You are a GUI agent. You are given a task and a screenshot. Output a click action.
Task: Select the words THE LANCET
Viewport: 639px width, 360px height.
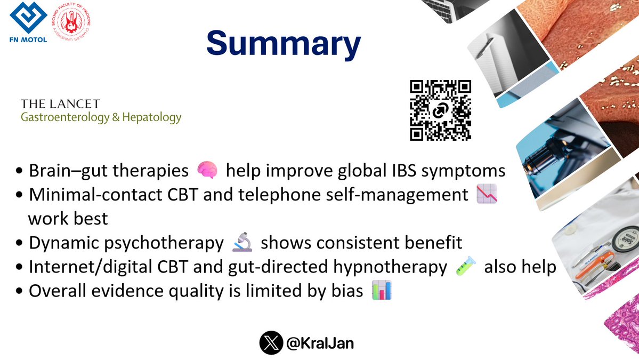[x=60, y=103]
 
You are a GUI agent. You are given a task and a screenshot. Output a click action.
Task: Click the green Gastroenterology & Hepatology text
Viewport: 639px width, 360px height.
[x=101, y=117]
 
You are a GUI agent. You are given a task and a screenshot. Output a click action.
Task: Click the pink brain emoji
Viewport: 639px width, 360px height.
[x=207, y=171]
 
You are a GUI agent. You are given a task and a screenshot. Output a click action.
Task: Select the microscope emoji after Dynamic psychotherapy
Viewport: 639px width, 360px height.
[x=241, y=243]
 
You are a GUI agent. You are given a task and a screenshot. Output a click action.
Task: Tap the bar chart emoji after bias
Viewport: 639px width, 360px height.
[x=381, y=291]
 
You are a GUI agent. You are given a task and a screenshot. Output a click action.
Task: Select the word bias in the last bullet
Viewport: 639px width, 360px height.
[x=350, y=292]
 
